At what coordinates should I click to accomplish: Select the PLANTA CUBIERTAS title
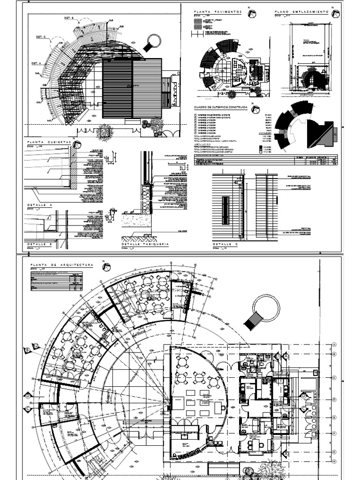pyautogui.click(x=49, y=141)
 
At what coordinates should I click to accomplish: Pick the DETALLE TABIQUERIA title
pyautogui.click(x=145, y=244)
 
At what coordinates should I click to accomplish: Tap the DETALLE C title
pyautogui.click(x=225, y=244)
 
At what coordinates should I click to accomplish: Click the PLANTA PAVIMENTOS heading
pyautogui.click(x=217, y=11)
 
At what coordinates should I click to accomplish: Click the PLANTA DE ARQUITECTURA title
pyautogui.click(x=61, y=265)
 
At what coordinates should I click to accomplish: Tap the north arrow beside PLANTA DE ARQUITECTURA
pyautogui.click(x=106, y=265)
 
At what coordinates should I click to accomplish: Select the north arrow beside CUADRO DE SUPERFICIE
pyautogui.click(x=255, y=110)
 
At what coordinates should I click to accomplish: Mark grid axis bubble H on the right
pyautogui.click(x=334, y=460)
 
